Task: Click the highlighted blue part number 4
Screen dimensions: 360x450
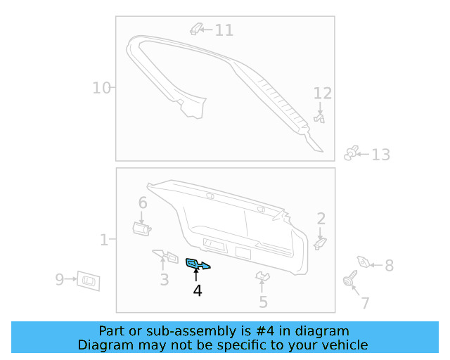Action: pyautogui.click(x=196, y=264)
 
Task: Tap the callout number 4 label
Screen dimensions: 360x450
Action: pyautogui.click(x=198, y=290)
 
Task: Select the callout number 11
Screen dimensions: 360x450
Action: pyautogui.click(x=224, y=30)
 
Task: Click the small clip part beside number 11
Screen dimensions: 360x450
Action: pyautogui.click(x=197, y=29)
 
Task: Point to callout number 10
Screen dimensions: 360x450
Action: pyautogui.click(x=102, y=88)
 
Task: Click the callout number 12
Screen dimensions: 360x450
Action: pyautogui.click(x=322, y=94)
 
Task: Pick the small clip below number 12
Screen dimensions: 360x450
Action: pyautogui.click(x=320, y=119)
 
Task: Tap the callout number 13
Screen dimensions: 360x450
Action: pyautogui.click(x=380, y=155)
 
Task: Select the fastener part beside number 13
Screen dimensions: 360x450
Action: pyautogui.click(x=352, y=153)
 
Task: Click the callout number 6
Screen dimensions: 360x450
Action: pyautogui.click(x=143, y=203)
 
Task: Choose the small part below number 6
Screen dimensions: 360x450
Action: pyautogui.click(x=141, y=227)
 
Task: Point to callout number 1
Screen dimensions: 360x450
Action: pyautogui.click(x=104, y=240)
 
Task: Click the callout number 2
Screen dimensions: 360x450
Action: pyautogui.click(x=321, y=218)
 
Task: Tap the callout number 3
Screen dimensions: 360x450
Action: pyautogui.click(x=164, y=280)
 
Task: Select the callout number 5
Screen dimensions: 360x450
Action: pyautogui.click(x=263, y=302)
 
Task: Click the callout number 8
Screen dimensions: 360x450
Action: pyautogui.click(x=388, y=266)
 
